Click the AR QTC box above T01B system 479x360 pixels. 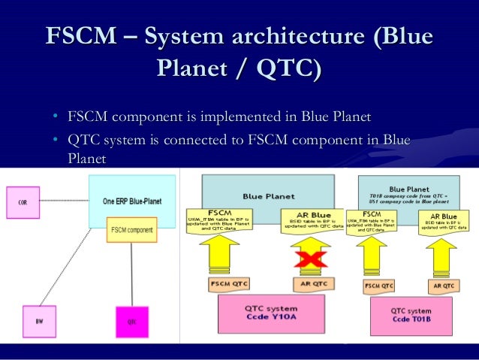pyautogui.click(x=442, y=286)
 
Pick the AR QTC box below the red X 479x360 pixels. pyautogui.click(x=310, y=283)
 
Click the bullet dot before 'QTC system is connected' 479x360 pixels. pyautogui.click(x=56, y=141)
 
